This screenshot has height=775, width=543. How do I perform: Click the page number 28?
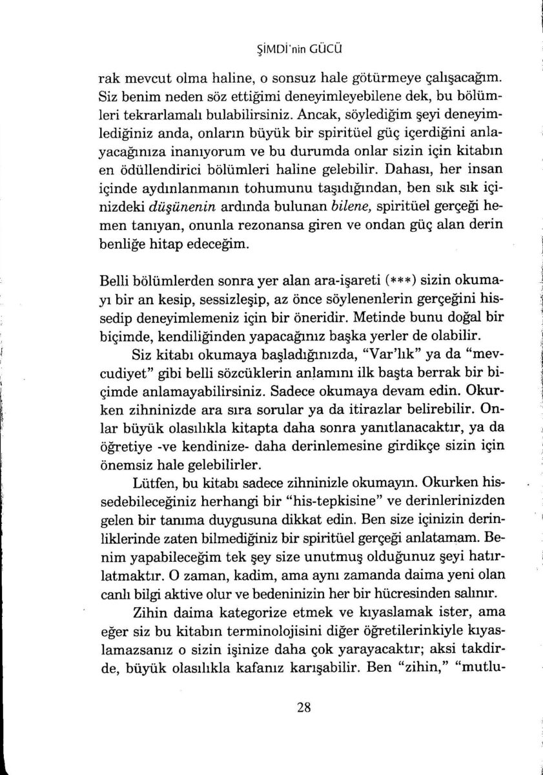305,707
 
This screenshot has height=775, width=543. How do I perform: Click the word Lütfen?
152,481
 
